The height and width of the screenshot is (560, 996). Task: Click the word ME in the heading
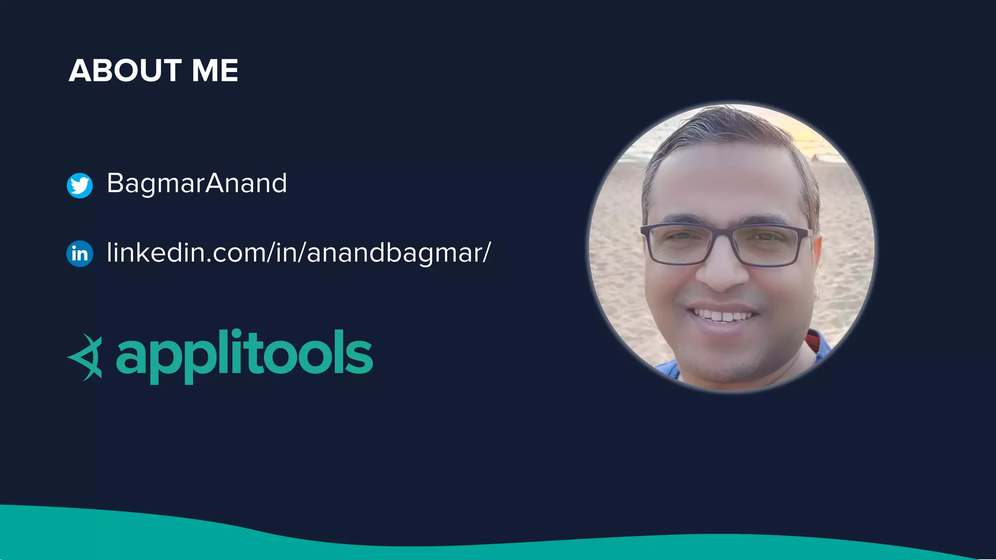point(215,70)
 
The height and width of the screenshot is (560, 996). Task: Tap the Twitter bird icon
point(80,185)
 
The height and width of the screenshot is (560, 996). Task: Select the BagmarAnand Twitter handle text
point(196,183)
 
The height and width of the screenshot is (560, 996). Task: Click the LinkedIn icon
point(80,253)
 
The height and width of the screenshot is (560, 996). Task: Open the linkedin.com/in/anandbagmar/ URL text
point(299,253)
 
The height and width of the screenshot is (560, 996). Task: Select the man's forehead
point(725,180)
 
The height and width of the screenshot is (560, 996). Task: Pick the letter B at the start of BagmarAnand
point(115,183)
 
